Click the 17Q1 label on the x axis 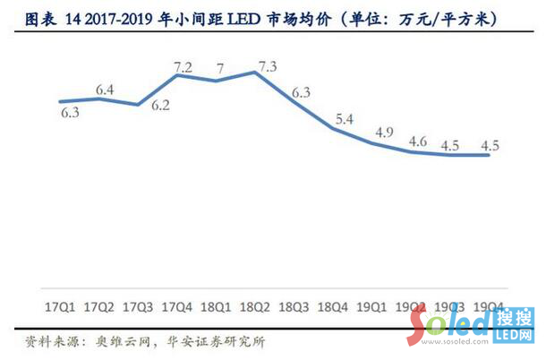click(59, 307)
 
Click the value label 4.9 click(385, 132)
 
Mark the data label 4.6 click(417, 141)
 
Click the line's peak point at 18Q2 click(256, 73)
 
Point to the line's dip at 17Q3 click(138, 105)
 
